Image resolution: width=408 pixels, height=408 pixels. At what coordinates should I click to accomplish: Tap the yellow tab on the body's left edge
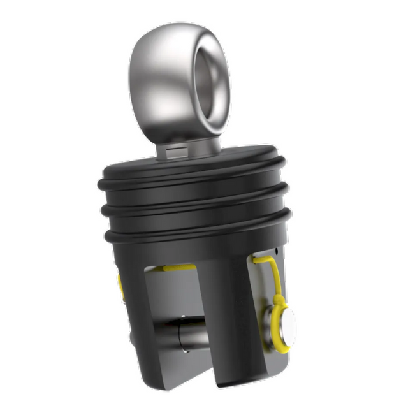(x=120, y=287)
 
